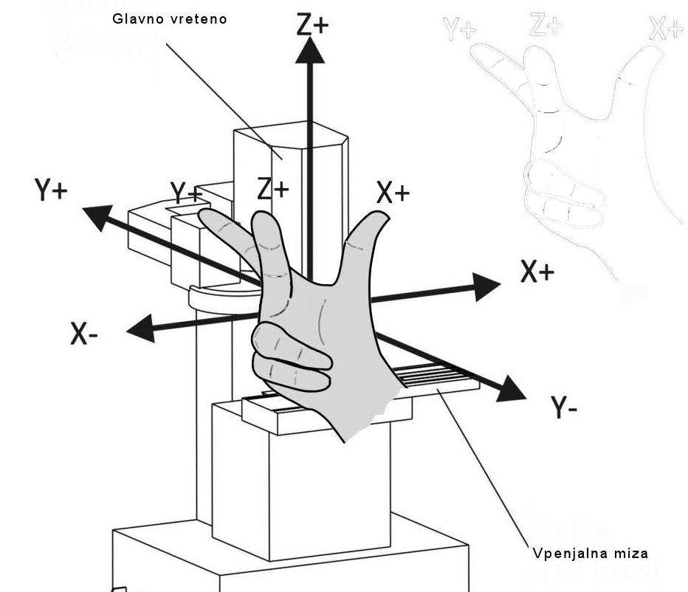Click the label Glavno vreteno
click(x=170, y=18)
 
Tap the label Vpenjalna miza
click(x=590, y=553)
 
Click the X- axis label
click(x=85, y=334)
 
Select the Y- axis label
click(x=565, y=407)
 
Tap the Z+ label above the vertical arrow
click(x=312, y=25)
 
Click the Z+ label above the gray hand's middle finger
click(x=273, y=190)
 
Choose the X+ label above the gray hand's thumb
click(x=393, y=193)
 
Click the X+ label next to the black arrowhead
click(x=537, y=272)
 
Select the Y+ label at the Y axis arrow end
click(x=51, y=190)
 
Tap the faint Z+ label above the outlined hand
click(x=546, y=26)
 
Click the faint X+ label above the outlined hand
click(x=667, y=30)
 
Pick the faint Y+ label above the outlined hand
click(x=460, y=30)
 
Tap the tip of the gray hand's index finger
click(x=203, y=215)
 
